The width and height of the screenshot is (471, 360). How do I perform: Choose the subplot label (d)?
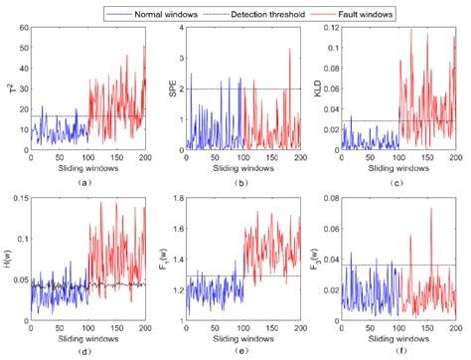89,352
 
